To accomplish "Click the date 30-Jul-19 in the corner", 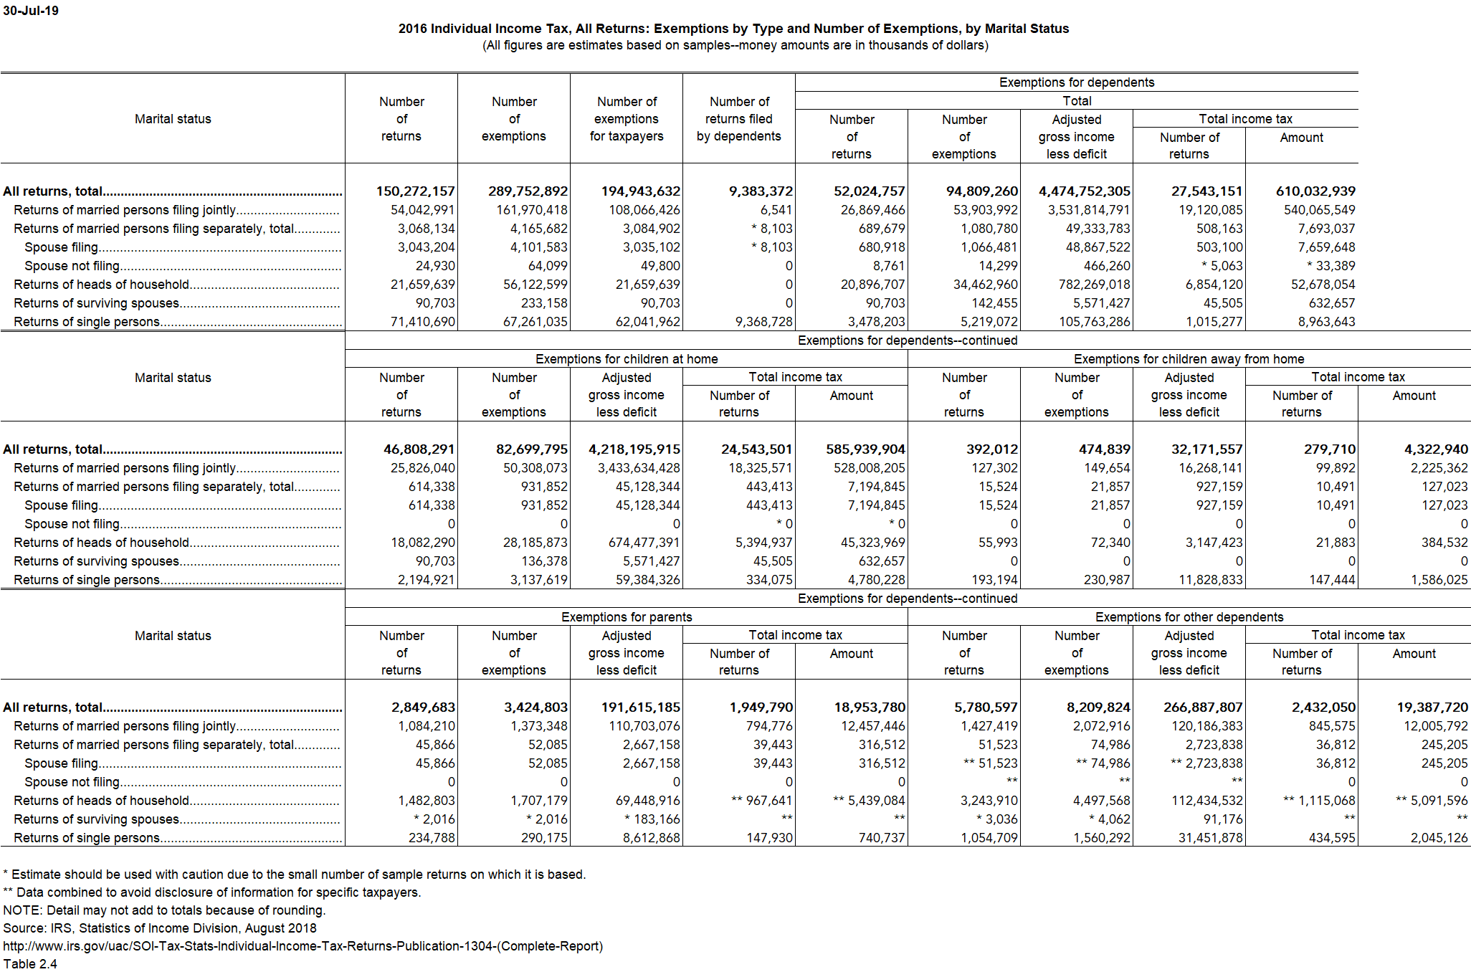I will click(x=31, y=11).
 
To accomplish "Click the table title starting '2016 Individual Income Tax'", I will click(x=733, y=29).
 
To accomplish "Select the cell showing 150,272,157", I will click(x=416, y=191).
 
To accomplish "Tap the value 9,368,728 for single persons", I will click(x=764, y=322).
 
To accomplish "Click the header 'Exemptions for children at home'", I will click(x=627, y=359).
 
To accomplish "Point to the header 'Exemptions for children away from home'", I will click(x=1189, y=359).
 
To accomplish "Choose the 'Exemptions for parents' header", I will click(x=627, y=617).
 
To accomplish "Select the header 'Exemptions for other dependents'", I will click(x=1189, y=617).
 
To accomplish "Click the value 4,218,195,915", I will click(x=634, y=449).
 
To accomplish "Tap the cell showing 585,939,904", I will click(x=865, y=449).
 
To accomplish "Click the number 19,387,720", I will click(x=1432, y=707).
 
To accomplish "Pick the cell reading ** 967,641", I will click(x=761, y=801).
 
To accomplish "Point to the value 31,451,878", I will click(x=1210, y=838).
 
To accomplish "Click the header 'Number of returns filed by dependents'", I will click(x=739, y=119).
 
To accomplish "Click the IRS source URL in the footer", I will click(x=303, y=946).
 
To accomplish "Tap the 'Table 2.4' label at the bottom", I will click(x=30, y=964).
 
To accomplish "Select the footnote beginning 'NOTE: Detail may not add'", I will click(x=164, y=910).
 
